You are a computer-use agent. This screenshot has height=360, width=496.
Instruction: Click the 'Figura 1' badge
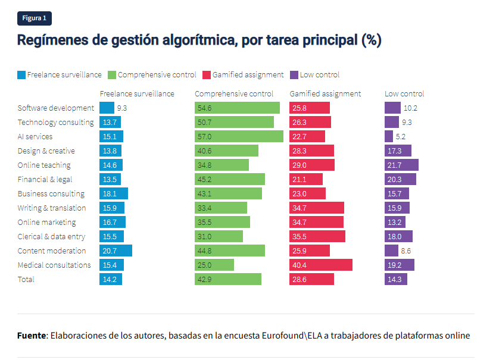[35, 18]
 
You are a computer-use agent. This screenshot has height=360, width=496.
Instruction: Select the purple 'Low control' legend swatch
[294, 75]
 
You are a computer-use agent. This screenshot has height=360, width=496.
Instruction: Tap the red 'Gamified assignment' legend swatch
[207, 75]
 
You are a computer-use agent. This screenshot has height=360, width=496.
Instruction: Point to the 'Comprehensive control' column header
[234, 93]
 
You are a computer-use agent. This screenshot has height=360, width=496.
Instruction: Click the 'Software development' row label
[56, 108]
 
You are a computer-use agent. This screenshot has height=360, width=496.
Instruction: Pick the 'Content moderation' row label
[52, 251]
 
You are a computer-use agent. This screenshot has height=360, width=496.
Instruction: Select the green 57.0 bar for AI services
[239, 136]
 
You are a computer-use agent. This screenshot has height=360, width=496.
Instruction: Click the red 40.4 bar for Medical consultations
[321, 265]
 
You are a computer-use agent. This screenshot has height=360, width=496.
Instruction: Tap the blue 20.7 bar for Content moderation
[116, 251]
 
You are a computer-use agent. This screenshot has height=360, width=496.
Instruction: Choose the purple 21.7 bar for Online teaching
[401, 165]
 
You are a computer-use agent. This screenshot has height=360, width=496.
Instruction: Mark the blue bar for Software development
[107, 108]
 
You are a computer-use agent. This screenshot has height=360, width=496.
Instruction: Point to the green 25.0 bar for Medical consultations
[214, 265]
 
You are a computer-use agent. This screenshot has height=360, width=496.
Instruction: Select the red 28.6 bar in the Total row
[311, 279]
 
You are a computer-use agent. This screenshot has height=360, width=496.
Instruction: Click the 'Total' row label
[26, 279]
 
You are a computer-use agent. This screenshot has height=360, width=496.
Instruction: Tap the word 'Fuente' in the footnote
[32, 336]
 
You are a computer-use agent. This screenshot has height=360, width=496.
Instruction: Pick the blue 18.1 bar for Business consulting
[114, 193]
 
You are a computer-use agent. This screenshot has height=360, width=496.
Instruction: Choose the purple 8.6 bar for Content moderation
[391, 251]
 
